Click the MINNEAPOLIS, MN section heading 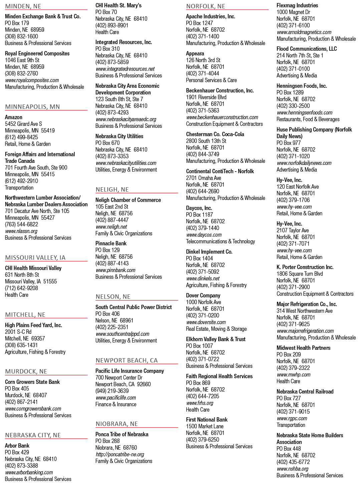(x=32, y=107)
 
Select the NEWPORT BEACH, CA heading (x=126, y=360)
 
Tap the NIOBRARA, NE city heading (x=116, y=424)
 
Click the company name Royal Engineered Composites (x=37, y=53)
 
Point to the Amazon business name (x=14, y=117)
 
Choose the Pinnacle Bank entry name (x=111, y=243)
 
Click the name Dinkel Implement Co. (x=209, y=252)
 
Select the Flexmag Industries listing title (x=297, y=5)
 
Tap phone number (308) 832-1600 (x=21, y=36)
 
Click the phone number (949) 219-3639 (x=112, y=391)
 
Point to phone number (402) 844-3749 (x=203, y=154)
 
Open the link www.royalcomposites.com (x=32, y=80)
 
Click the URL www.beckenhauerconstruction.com (x=222, y=117)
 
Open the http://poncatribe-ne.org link (x=120, y=454)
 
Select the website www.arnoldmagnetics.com (x=304, y=32)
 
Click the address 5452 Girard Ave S (x=23, y=124)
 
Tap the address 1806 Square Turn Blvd (x=300, y=274)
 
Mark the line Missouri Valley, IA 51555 (x=31, y=281)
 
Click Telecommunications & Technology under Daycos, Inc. (x=220, y=241)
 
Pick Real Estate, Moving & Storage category (x=217, y=329)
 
